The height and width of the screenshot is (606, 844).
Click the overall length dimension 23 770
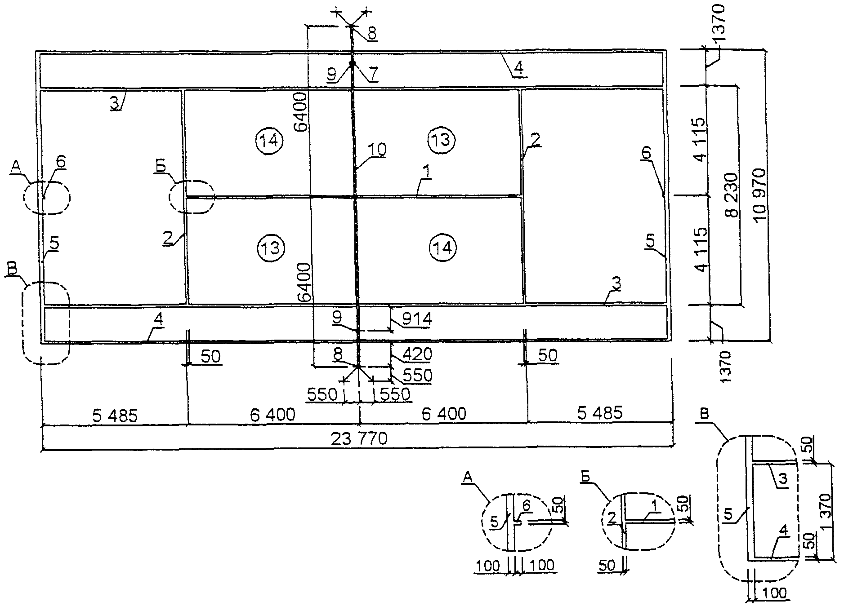(359, 438)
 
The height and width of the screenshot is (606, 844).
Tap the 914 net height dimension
(417, 319)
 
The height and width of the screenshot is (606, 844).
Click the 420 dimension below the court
(417, 354)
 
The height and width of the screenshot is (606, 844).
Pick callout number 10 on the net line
(378, 150)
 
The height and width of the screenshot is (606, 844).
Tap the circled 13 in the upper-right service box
(442, 140)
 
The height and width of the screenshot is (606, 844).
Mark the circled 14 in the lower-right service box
(443, 247)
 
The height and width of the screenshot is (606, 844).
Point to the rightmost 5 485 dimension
(600, 412)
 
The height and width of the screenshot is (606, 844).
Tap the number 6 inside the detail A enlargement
(527, 505)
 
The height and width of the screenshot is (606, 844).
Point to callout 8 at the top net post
(373, 33)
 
